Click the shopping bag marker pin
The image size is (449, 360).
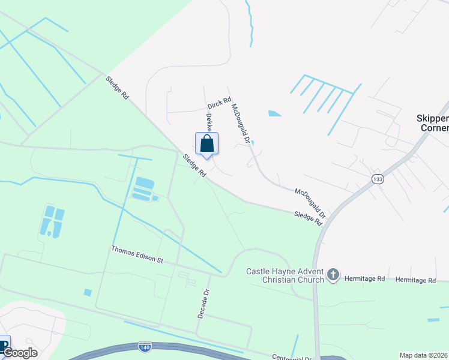coord(206,145)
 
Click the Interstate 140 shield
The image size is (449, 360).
coord(144,347)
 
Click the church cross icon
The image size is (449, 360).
coord(333,275)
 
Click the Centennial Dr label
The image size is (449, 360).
coord(292,356)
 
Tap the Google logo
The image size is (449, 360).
coord(20,353)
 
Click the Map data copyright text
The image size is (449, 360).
coord(424,355)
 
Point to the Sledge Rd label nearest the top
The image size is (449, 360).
coord(116,87)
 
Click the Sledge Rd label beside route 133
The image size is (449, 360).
coord(308,217)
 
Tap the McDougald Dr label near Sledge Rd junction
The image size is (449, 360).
coord(310,203)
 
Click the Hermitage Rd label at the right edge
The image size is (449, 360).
coord(415,280)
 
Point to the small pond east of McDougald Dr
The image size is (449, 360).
coord(274,113)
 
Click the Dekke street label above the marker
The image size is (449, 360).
coord(209,122)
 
